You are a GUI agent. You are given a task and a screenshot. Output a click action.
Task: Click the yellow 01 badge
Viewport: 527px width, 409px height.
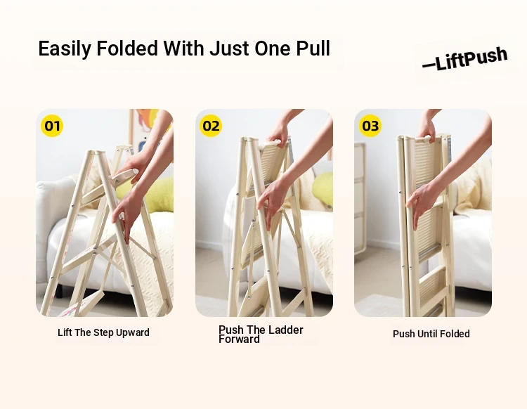(52, 126)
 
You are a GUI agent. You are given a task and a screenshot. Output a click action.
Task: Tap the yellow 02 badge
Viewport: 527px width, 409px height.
(211, 126)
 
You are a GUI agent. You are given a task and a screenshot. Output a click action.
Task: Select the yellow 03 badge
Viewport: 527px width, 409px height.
(370, 126)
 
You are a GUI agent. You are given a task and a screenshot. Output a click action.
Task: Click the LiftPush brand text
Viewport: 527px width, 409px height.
(465, 59)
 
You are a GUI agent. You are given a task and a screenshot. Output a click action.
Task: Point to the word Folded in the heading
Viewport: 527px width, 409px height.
(127, 48)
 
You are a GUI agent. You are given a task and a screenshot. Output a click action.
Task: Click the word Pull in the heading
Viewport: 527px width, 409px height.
(313, 48)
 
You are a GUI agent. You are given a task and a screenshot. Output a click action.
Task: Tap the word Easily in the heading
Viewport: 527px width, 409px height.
(65, 49)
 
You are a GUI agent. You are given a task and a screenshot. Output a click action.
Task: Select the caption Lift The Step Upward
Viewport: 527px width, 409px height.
(103, 332)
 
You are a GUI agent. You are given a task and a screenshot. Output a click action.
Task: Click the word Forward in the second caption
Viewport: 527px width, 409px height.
(239, 339)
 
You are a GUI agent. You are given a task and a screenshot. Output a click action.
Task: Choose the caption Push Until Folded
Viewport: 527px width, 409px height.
(431, 334)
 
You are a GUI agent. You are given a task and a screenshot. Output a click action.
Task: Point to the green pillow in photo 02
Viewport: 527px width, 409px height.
(323, 189)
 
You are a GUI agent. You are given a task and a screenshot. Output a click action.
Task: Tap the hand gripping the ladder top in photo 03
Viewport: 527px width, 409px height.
(427, 131)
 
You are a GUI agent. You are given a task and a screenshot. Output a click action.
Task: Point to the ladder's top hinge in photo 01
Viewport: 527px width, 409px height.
(96, 153)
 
